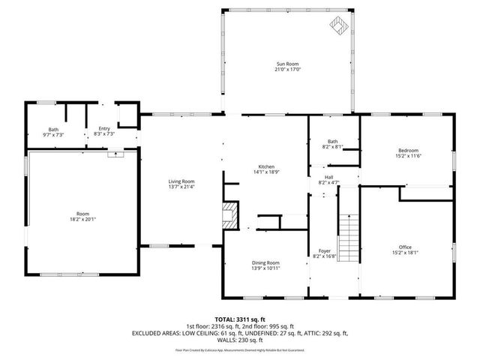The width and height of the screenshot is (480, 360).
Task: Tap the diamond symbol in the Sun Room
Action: tap(339, 27)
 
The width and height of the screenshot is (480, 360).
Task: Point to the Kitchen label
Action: tap(266, 166)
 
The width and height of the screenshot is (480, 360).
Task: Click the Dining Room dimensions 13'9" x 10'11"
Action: tap(265, 268)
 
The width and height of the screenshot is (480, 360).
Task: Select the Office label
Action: tap(405, 247)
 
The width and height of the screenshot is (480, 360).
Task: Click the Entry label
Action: tap(104, 129)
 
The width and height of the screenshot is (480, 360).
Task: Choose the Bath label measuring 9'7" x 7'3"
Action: tap(53, 134)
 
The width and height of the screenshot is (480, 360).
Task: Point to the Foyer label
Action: tap(324, 251)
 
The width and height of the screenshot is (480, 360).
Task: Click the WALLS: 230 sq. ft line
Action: tap(240, 339)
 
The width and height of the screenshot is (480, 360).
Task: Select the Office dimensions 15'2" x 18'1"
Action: tap(405, 253)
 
